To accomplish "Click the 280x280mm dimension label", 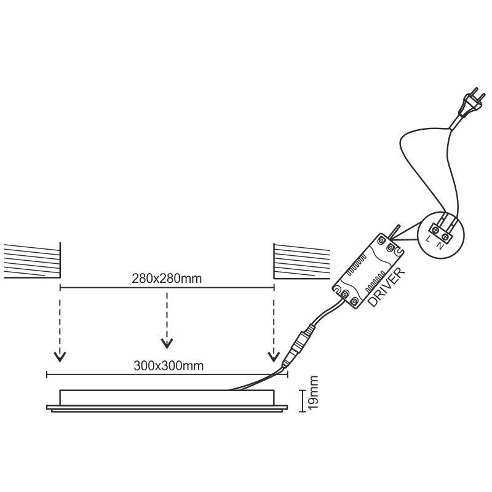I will (x=167, y=277).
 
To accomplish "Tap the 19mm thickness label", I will (x=313, y=394).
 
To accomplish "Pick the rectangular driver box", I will (x=368, y=270).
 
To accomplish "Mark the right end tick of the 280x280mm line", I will (x=274, y=287).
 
